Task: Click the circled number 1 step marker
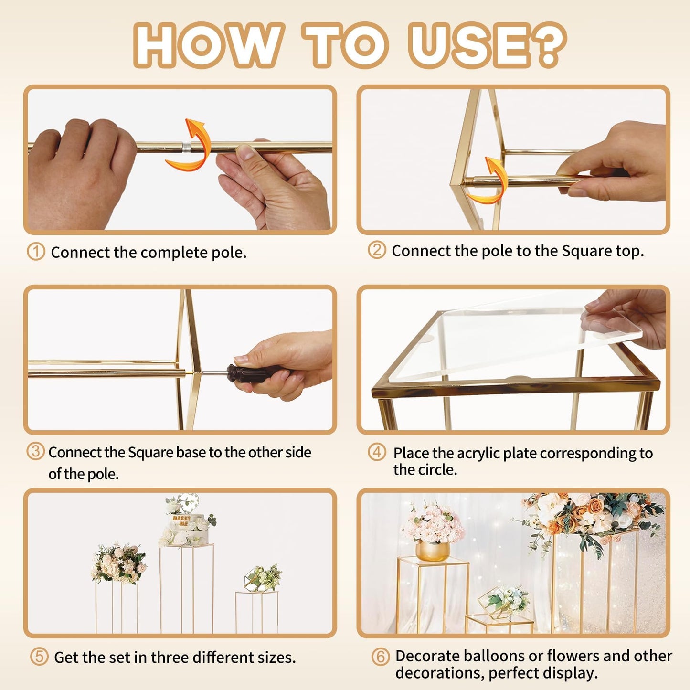36,251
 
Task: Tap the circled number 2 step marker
377,250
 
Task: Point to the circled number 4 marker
377,452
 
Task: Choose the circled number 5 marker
39,657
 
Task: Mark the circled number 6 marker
380,657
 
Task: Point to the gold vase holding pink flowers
432,551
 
